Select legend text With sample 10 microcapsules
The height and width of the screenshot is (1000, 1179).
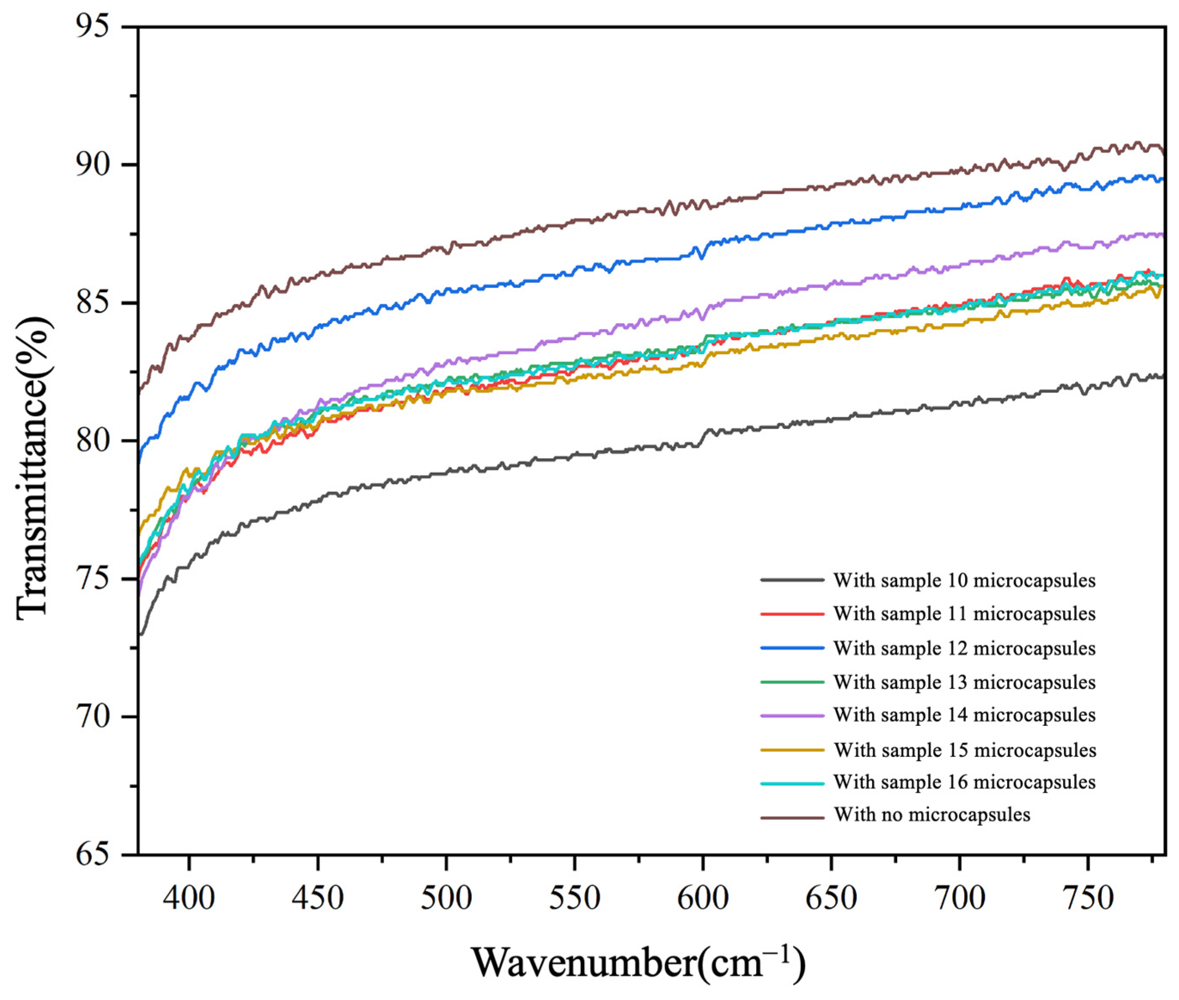(964, 580)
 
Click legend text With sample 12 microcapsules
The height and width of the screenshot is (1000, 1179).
(964, 648)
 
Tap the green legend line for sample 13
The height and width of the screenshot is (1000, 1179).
(792, 682)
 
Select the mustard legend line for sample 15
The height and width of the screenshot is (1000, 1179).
(792, 749)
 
